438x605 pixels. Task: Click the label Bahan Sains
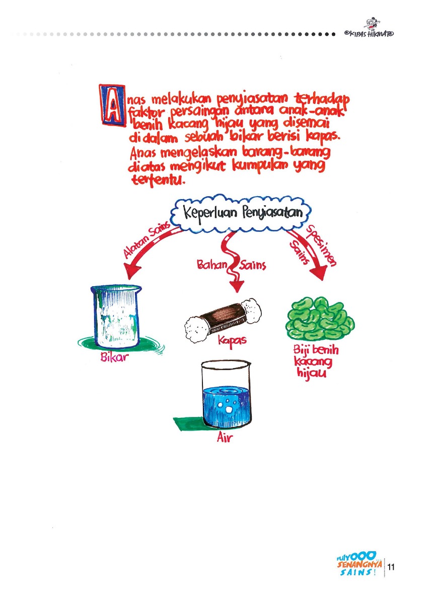(231, 266)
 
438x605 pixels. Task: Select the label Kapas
(232, 340)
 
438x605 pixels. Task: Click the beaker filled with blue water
(226, 397)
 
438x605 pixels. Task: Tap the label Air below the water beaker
(225, 437)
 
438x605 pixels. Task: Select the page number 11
(390, 568)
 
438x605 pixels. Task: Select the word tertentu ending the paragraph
(156, 181)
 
